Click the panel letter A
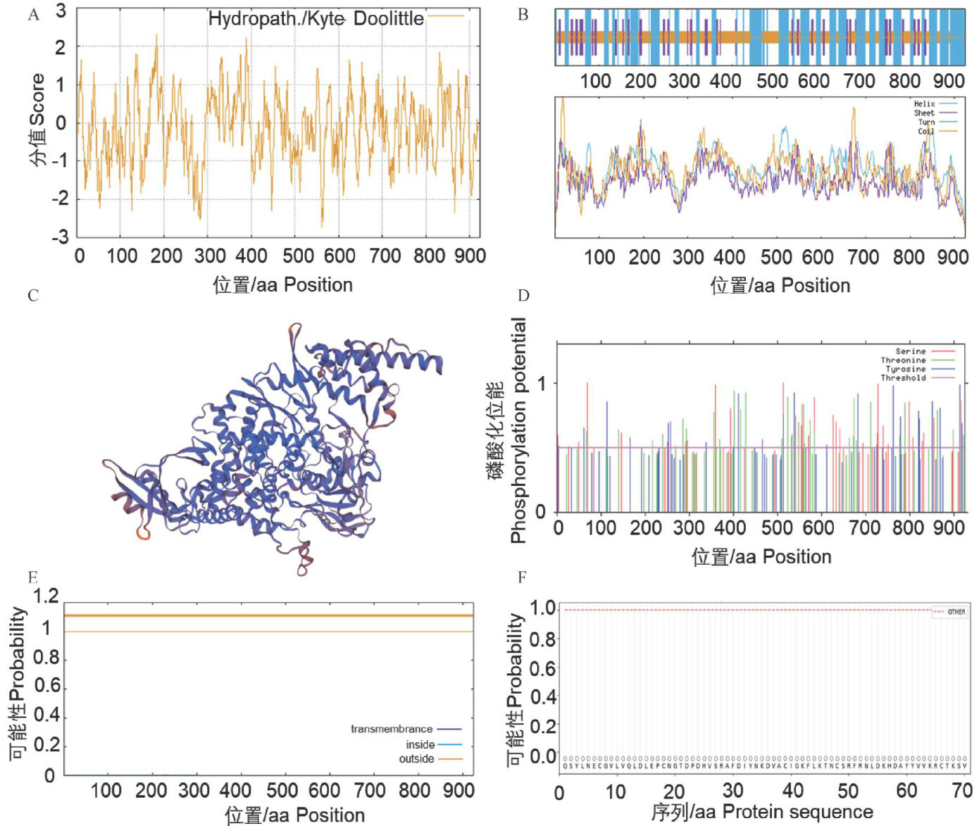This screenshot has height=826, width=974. [x=33, y=15]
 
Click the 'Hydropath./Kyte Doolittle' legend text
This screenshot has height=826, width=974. [x=316, y=19]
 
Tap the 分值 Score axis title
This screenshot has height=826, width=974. [x=37, y=120]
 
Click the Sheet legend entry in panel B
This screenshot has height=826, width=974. [x=924, y=113]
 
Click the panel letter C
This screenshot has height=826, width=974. [x=33, y=295]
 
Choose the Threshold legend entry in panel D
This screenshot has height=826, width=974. [x=903, y=378]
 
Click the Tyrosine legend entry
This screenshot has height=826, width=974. [x=906, y=369]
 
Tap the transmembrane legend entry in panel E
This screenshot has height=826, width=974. [x=392, y=729]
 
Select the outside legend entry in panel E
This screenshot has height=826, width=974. [x=416, y=758]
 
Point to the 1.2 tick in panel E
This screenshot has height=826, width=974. [x=46, y=596]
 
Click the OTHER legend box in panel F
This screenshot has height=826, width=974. [x=949, y=612]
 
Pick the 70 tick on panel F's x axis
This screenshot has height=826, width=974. [x=961, y=791]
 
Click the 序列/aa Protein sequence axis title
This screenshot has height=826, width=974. [x=762, y=812]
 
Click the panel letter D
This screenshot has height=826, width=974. [x=523, y=295]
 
